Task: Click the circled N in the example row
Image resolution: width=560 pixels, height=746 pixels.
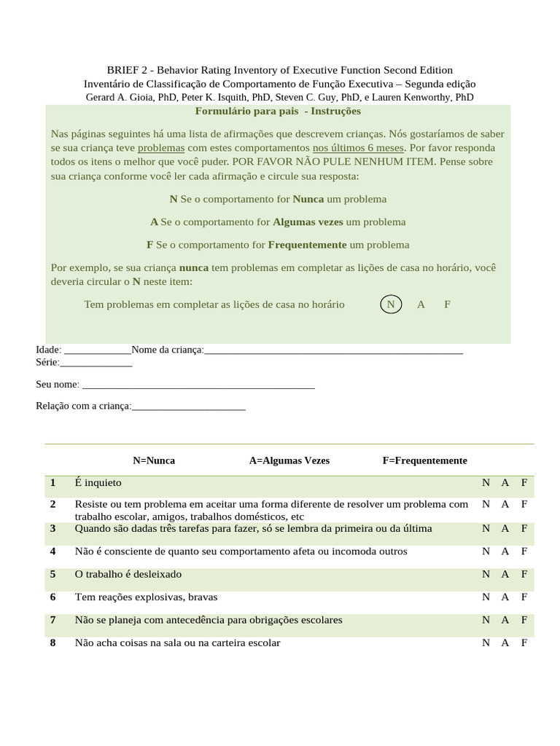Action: (391, 305)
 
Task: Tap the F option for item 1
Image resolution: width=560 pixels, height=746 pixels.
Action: (524, 483)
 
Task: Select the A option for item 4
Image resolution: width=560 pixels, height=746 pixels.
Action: (505, 551)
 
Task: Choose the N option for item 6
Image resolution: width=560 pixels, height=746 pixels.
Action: (486, 597)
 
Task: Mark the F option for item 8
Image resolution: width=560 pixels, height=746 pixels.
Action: (524, 643)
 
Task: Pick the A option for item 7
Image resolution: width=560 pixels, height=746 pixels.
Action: (505, 620)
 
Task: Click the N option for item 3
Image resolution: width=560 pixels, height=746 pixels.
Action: (486, 528)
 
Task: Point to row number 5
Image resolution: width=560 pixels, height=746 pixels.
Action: (53, 574)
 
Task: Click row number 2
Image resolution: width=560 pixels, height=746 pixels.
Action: (53, 504)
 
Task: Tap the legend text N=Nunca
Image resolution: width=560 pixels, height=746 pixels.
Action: (154, 460)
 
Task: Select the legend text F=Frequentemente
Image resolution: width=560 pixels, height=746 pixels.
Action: (424, 460)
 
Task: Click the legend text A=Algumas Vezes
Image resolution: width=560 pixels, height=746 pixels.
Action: (289, 460)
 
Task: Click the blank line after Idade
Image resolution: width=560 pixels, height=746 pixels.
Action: (98, 350)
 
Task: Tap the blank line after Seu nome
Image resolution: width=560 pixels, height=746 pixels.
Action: (198, 385)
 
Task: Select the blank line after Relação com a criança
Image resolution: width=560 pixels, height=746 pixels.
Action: (189, 407)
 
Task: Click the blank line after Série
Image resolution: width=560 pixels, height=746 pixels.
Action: (96, 362)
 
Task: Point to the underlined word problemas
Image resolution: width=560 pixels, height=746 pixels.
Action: (160, 148)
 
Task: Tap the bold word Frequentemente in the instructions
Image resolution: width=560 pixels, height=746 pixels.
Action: (307, 245)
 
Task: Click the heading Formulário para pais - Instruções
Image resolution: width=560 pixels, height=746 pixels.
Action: (278, 111)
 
